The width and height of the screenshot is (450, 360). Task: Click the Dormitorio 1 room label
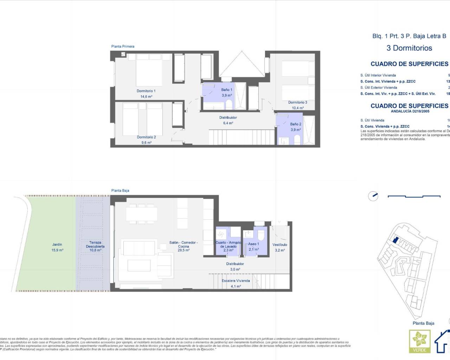pyautogui.click(x=146, y=91)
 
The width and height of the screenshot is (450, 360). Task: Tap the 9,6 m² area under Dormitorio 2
pyautogui.click(x=146, y=143)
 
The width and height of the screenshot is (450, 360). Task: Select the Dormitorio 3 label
pyautogui.click(x=297, y=103)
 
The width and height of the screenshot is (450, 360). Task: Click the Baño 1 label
pyautogui.click(x=226, y=90)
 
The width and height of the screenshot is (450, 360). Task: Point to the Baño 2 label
pyautogui.click(x=295, y=124)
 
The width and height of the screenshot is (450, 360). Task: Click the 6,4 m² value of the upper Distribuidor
pyautogui.click(x=228, y=123)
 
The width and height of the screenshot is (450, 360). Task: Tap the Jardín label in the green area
pyautogui.click(x=57, y=244)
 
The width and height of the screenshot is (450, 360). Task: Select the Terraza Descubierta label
pyautogui.click(x=95, y=244)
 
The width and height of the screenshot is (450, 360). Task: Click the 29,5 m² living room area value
pyautogui.click(x=184, y=250)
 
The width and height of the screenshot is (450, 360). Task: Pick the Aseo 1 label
pyautogui.click(x=253, y=244)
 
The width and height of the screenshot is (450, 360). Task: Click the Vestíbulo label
pyautogui.click(x=279, y=245)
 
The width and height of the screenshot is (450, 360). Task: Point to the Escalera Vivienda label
pyautogui.click(x=236, y=281)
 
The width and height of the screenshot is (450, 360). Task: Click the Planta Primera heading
pyautogui.click(x=123, y=46)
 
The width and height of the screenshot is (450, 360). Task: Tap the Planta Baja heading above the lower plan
pyautogui.click(x=120, y=191)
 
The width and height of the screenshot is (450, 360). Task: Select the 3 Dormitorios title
pyautogui.click(x=409, y=48)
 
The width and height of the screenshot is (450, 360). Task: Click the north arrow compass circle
pyautogui.click(x=373, y=196)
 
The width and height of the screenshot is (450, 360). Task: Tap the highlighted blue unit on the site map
pyautogui.click(x=395, y=240)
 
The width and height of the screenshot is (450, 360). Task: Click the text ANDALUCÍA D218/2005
pyautogui.click(x=410, y=111)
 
